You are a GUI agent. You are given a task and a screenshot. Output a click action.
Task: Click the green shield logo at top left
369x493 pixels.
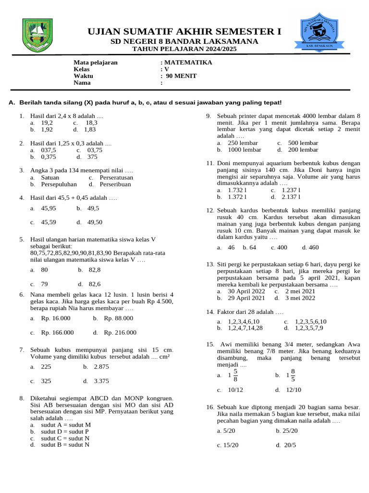[37, 35]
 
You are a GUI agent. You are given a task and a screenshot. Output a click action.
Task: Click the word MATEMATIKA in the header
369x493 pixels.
[188, 63]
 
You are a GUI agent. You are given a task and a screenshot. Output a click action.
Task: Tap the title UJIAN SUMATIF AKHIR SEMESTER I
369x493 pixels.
[184, 32]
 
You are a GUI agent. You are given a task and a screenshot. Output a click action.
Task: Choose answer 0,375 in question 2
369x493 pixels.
[49, 157]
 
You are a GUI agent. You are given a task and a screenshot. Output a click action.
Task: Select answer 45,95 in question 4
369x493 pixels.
[49, 208]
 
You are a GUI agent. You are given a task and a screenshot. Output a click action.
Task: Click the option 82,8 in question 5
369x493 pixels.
[95, 270]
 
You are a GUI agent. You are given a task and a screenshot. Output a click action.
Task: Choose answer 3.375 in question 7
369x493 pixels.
[101, 381]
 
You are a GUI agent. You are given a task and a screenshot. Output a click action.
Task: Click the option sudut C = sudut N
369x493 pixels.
[66, 439]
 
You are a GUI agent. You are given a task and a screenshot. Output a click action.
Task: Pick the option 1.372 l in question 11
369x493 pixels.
[237, 197]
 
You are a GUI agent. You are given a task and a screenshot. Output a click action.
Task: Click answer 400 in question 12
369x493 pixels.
[281, 247]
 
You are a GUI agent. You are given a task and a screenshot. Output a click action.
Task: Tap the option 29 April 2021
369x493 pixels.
[246, 298]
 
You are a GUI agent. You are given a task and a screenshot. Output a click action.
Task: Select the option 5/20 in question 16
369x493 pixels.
[228, 431]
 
